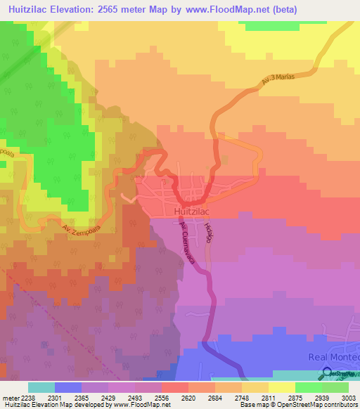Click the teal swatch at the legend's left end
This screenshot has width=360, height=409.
(41, 387)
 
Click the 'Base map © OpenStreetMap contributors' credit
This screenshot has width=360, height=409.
(297, 405)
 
